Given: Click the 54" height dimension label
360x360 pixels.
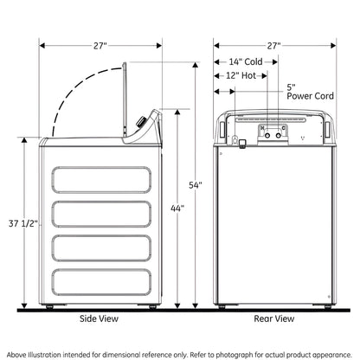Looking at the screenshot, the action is click(x=196, y=185).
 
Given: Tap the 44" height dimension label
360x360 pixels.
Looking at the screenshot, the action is click(x=177, y=208).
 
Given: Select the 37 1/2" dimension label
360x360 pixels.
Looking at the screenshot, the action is click(x=23, y=223).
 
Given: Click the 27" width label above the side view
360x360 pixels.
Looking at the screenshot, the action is click(x=100, y=46).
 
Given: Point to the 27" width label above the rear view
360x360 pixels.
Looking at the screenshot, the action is click(x=273, y=46).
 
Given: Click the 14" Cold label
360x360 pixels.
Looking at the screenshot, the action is click(x=246, y=61).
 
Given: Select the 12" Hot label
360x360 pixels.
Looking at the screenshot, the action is click(x=241, y=75).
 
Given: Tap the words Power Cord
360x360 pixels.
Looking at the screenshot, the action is click(x=310, y=96).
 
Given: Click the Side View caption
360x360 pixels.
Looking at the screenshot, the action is click(x=99, y=318).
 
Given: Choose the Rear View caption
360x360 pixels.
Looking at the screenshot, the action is click(x=274, y=318).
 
